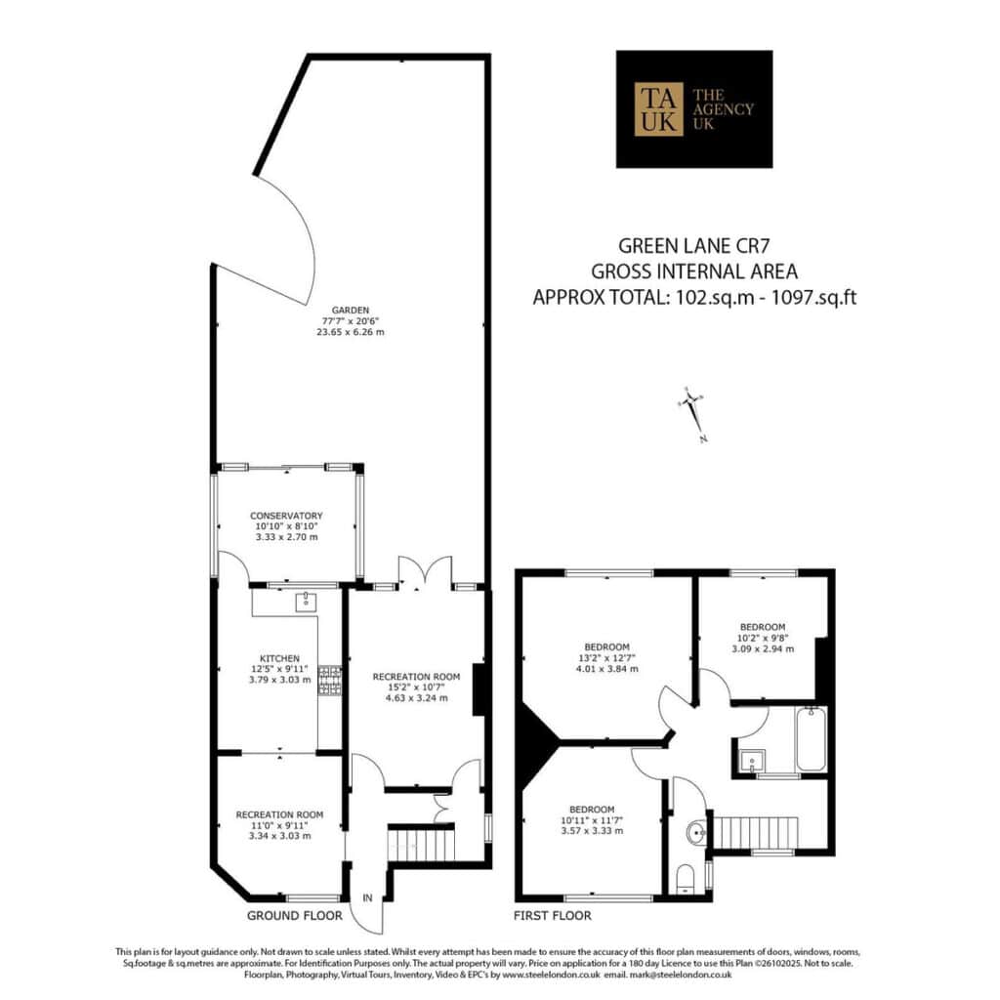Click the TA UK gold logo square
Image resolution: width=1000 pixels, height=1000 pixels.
click(x=658, y=109)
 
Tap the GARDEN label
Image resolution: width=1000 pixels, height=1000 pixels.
click(x=351, y=311)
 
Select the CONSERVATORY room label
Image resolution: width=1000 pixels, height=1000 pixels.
click(x=286, y=516)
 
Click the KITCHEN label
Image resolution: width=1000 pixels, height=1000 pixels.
click(x=279, y=658)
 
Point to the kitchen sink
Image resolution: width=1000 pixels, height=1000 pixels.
click(x=306, y=601)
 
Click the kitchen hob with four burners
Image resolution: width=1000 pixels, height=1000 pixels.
click(x=330, y=681)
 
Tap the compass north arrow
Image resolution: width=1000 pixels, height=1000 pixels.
click(x=693, y=413)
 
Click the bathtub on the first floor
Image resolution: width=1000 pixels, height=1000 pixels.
click(x=811, y=740)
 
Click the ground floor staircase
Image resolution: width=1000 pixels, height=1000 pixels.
click(x=421, y=844)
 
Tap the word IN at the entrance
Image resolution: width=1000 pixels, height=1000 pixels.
click(x=367, y=898)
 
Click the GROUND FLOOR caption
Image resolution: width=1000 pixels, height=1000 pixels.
click(x=295, y=916)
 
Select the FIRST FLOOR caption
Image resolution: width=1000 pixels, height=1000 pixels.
click(x=553, y=916)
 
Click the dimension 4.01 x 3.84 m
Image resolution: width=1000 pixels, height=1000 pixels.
click(x=607, y=668)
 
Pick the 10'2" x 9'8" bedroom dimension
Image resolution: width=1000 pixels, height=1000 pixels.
click(x=763, y=638)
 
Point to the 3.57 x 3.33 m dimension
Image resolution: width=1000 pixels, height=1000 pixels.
click(x=592, y=831)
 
